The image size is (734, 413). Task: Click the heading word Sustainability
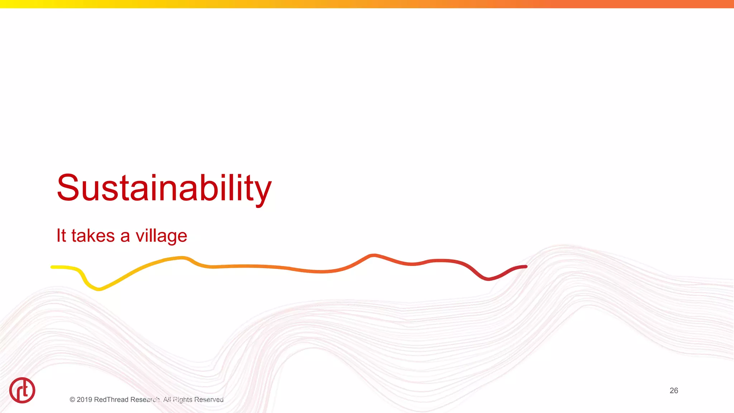click(x=164, y=188)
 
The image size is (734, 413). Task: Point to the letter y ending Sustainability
click(x=263, y=192)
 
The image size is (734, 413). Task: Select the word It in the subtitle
click(x=61, y=236)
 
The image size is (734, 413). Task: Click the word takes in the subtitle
click(x=93, y=236)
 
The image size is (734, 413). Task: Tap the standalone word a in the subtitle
click(x=125, y=237)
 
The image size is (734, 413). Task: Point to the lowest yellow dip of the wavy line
click(x=99, y=289)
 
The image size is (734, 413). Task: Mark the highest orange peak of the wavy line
click(x=373, y=255)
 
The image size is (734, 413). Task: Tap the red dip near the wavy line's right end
click(x=488, y=279)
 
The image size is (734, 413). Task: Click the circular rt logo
click(x=22, y=390)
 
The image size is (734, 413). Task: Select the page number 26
click(x=673, y=390)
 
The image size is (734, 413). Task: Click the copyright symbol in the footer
click(x=72, y=400)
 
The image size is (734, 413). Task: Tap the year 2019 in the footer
click(x=84, y=400)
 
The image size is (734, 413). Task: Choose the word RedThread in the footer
click(x=111, y=400)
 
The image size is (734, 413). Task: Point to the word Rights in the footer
click(x=182, y=400)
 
